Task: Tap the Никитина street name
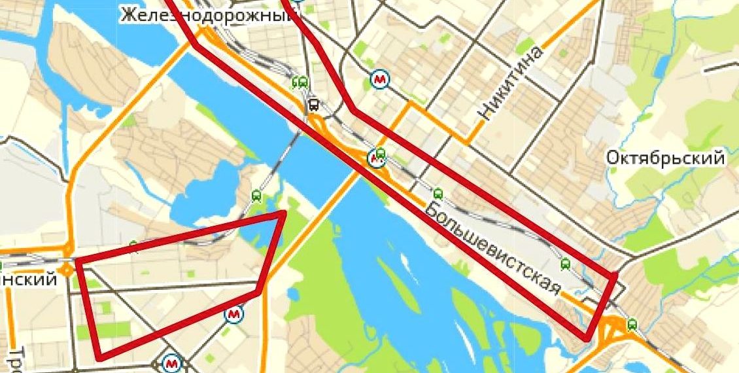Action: [511, 83]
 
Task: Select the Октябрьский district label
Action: [665, 158]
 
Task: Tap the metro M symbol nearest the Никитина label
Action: [379, 80]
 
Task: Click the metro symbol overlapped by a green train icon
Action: [376, 157]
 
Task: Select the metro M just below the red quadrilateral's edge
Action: [233, 315]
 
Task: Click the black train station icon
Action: [314, 105]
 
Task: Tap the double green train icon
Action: [300, 82]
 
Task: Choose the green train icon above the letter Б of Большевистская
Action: [438, 194]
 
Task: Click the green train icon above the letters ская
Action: [566, 264]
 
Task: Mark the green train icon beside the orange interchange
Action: [632, 323]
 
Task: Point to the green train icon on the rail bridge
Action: [256, 195]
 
